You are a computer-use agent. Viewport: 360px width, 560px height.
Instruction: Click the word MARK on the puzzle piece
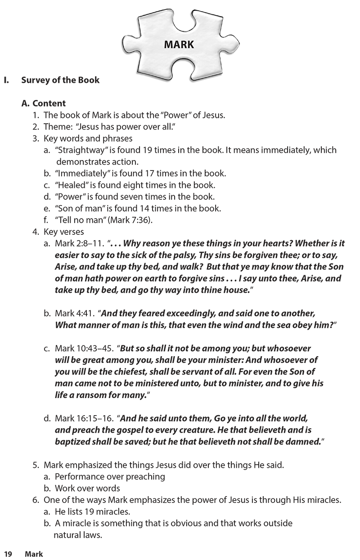(179, 44)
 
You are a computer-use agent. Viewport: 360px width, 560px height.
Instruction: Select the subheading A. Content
(44, 103)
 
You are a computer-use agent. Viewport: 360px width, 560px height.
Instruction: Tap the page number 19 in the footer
(8, 554)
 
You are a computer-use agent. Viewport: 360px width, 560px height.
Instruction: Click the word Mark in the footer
(34, 554)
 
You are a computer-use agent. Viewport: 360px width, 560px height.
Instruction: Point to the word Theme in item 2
(57, 127)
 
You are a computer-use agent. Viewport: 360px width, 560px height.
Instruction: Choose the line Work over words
(87, 488)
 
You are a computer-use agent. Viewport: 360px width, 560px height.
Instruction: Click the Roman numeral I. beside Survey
(6, 80)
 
